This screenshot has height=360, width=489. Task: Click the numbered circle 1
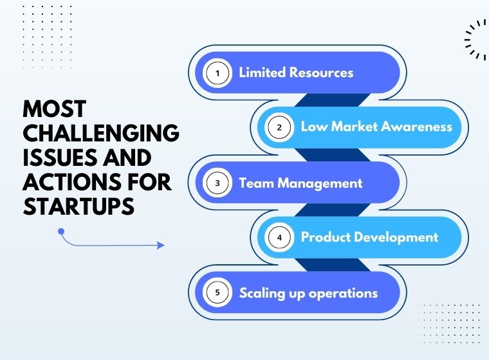[x=217, y=73]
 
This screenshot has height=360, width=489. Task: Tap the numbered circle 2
[x=279, y=127]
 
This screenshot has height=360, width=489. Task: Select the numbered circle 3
[x=217, y=183]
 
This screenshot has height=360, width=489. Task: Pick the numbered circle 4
[x=279, y=237]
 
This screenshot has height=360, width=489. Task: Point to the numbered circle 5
[x=217, y=292]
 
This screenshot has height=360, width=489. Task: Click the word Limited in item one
[x=263, y=72]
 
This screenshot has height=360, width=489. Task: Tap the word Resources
[x=322, y=72]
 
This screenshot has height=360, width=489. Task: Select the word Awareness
[x=417, y=127]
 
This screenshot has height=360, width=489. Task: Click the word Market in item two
[x=355, y=127]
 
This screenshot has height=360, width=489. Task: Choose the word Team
[x=256, y=183]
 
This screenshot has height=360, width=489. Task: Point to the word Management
[x=320, y=184]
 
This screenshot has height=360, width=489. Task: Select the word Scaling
[x=262, y=294]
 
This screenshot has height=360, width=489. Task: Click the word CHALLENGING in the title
[x=101, y=133]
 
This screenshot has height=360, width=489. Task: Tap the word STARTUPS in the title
[x=78, y=206]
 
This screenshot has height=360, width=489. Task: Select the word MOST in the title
[x=55, y=109]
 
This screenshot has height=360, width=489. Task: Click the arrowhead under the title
[x=161, y=246]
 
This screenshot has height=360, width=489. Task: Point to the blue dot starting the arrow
[x=61, y=231]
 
